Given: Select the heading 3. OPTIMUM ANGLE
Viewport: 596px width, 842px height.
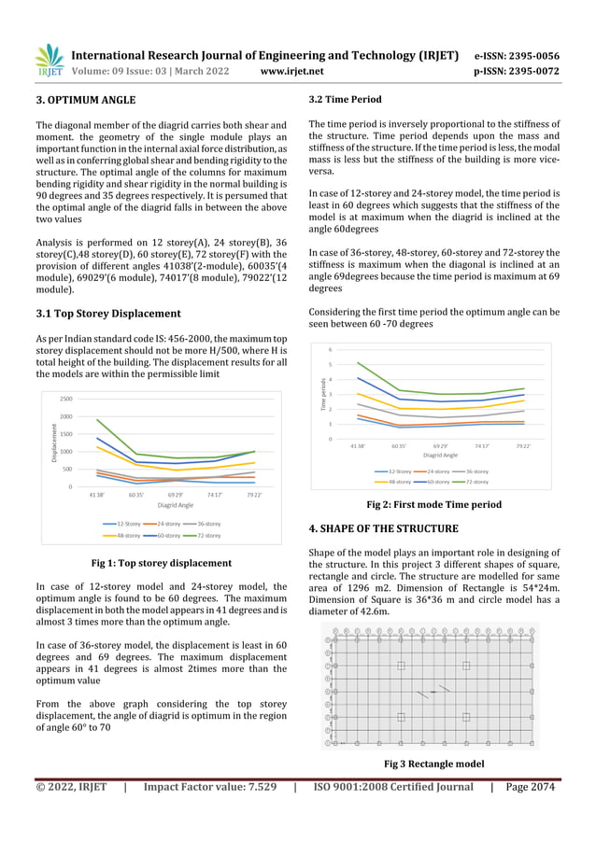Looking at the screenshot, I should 85,100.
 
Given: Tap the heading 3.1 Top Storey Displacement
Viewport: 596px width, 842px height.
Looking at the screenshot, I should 107,314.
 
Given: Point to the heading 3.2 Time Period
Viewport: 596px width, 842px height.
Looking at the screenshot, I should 345,100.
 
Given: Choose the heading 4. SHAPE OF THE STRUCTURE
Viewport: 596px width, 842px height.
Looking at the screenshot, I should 383,529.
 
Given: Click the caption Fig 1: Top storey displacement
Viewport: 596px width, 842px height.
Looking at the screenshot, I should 161,563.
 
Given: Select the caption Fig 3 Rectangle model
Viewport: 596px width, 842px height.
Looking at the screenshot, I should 433,764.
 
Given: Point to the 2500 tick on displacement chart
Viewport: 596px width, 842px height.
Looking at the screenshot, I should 66,399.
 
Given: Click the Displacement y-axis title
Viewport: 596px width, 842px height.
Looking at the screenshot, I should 54,442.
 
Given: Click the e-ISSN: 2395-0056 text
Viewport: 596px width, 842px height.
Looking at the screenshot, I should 517,56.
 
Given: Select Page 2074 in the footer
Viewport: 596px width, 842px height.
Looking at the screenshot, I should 530,787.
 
